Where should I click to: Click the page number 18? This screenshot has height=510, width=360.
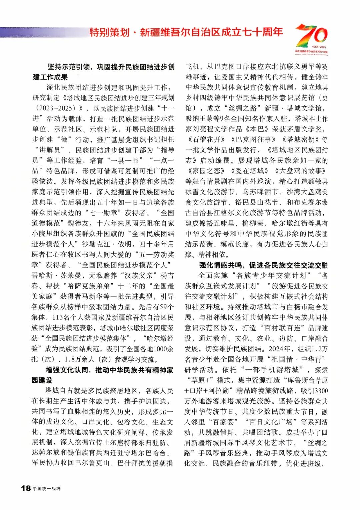26,488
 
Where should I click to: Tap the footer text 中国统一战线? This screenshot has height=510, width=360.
47,489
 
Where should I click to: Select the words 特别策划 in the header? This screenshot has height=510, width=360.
109,32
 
